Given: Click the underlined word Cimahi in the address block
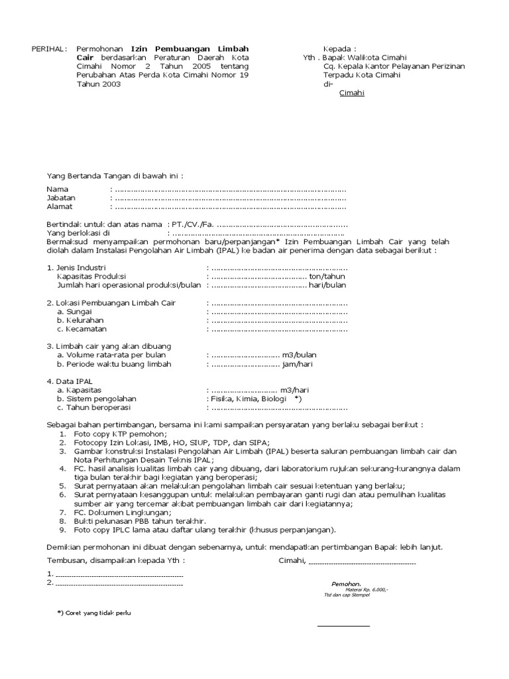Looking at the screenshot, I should [351, 93].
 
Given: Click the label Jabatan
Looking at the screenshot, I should [61, 198].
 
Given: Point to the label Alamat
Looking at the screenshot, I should [60, 206].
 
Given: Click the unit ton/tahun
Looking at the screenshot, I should [327, 277].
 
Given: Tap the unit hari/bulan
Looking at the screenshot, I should [327, 285].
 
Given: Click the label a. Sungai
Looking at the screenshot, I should [74, 312].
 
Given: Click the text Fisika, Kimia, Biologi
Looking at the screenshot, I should [247, 399].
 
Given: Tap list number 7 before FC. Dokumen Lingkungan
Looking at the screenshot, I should [62, 513].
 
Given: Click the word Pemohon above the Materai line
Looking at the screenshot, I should [346, 584].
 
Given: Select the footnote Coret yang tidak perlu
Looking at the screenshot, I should [96, 613].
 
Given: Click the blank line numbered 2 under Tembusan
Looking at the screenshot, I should [119, 584].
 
